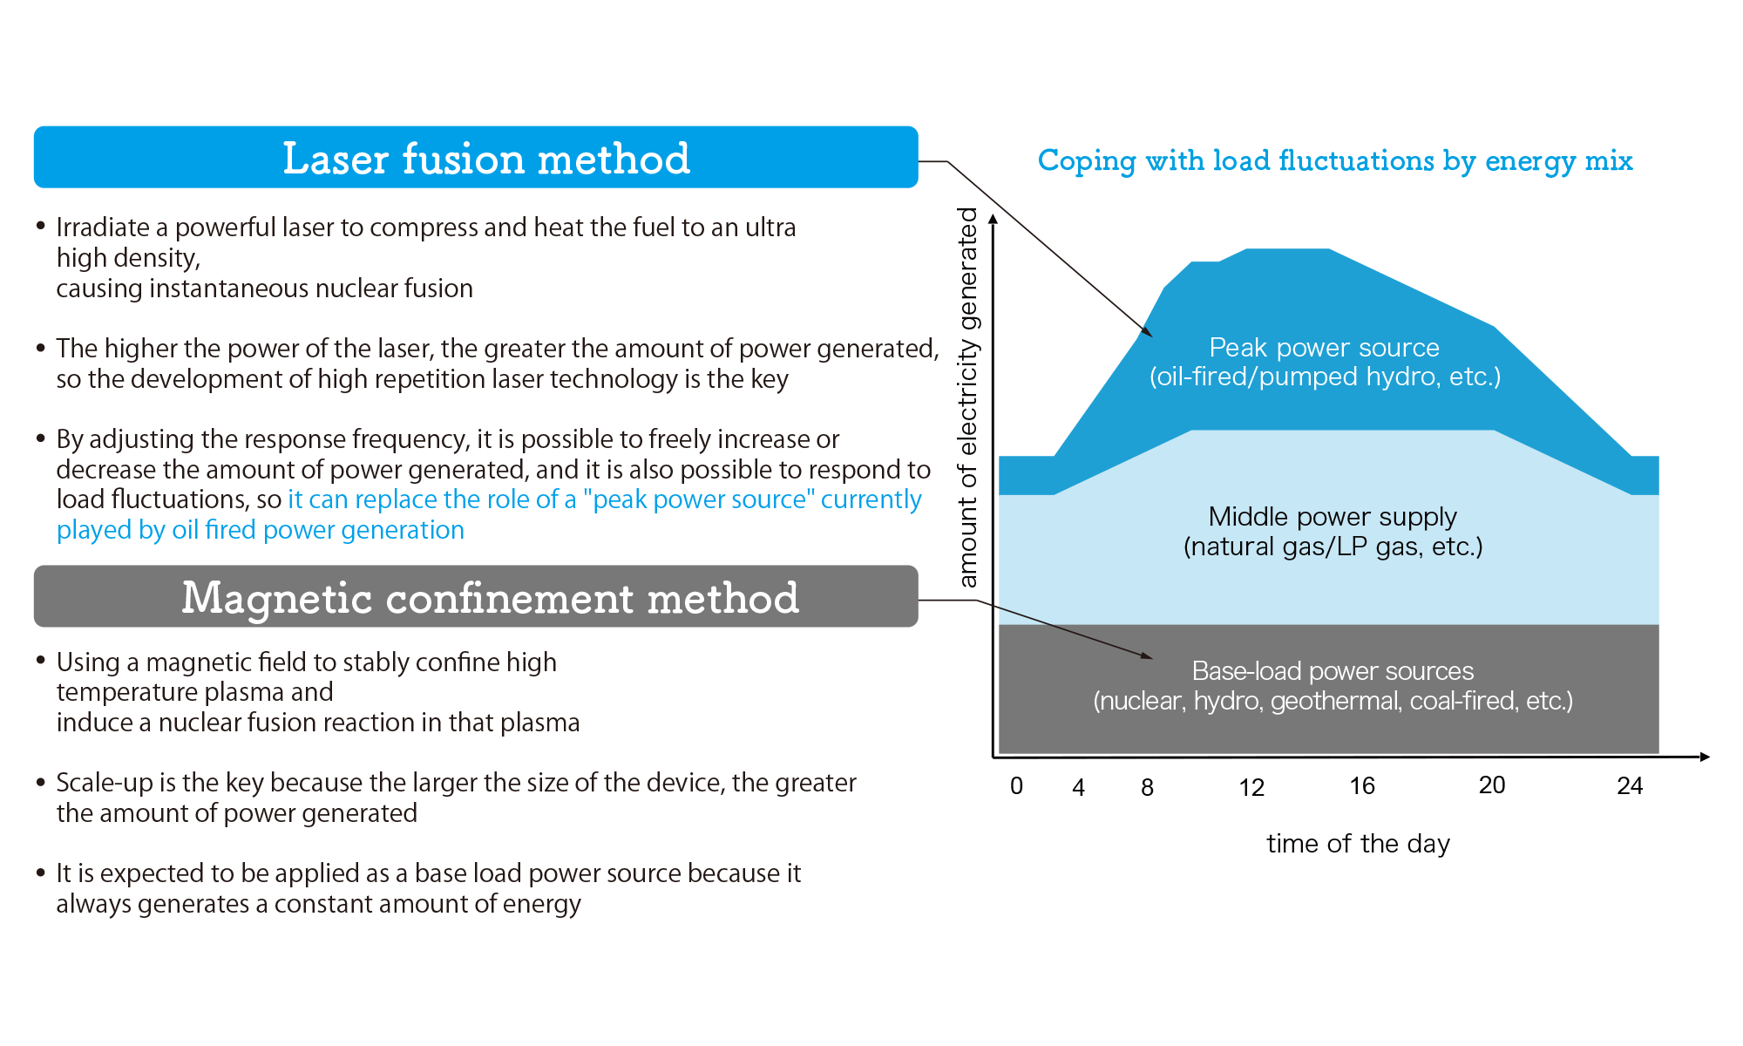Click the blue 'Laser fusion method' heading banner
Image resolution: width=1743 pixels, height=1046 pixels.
(476, 157)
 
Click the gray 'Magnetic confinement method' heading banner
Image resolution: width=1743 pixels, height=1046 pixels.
(476, 596)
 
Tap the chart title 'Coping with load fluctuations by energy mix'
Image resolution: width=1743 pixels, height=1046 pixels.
(1335, 161)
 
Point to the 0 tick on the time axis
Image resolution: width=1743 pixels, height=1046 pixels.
(1016, 786)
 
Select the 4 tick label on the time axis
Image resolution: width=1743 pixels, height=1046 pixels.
(1079, 788)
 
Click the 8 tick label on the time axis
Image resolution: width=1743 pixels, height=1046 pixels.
(1148, 788)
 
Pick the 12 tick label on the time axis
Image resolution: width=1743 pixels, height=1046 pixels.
(1251, 788)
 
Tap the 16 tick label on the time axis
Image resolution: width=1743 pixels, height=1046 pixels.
(1362, 786)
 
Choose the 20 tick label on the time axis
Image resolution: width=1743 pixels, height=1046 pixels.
(1492, 785)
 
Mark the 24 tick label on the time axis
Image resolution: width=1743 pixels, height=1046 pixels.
(1630, 786)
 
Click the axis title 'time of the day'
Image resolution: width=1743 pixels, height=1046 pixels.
(1358, 844)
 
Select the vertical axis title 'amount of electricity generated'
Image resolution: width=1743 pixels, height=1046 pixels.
(968, 397)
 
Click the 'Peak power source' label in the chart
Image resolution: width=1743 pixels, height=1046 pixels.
(1324, 348)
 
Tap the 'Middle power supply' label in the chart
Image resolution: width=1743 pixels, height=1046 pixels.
(1333, 517)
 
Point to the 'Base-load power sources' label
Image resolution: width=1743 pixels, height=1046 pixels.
(1333, 671)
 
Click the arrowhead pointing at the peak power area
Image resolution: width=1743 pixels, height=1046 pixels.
(1147, 331)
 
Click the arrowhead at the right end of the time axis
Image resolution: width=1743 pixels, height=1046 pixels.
(1705, 757)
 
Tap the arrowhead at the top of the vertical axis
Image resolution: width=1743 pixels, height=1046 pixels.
(993, 219)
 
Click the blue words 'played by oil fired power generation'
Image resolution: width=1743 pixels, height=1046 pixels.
(261, 530)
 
